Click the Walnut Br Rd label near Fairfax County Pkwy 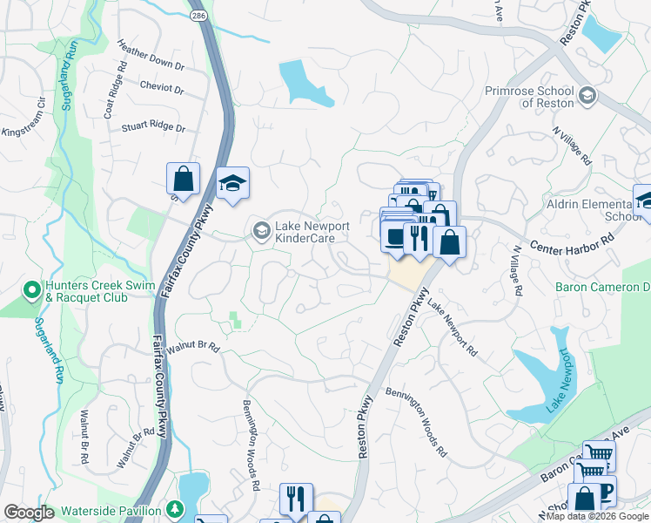point(193,346)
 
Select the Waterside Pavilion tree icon point(176,509)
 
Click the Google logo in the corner point(29,513)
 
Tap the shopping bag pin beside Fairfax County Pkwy point(183,180)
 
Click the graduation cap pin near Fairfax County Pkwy point(232,183)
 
